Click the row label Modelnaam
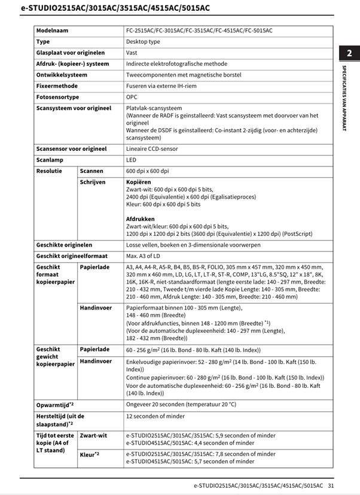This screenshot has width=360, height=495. point(52,31)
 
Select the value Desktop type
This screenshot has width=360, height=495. point(143,42)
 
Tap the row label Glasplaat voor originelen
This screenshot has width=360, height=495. point(70,53)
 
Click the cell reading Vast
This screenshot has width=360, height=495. point(132,53)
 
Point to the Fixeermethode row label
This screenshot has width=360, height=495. point(57,86)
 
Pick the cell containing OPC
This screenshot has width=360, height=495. point(132,97)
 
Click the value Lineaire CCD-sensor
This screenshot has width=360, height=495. point(152,149)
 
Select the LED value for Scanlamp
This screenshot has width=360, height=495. point(131,160)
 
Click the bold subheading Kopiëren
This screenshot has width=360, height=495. point(138,182)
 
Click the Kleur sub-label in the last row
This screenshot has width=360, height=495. point(89,455)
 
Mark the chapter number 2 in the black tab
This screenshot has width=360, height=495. point(349,54)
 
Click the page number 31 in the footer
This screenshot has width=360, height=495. point(331,485)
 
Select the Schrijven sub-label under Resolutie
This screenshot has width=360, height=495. point(92,182)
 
